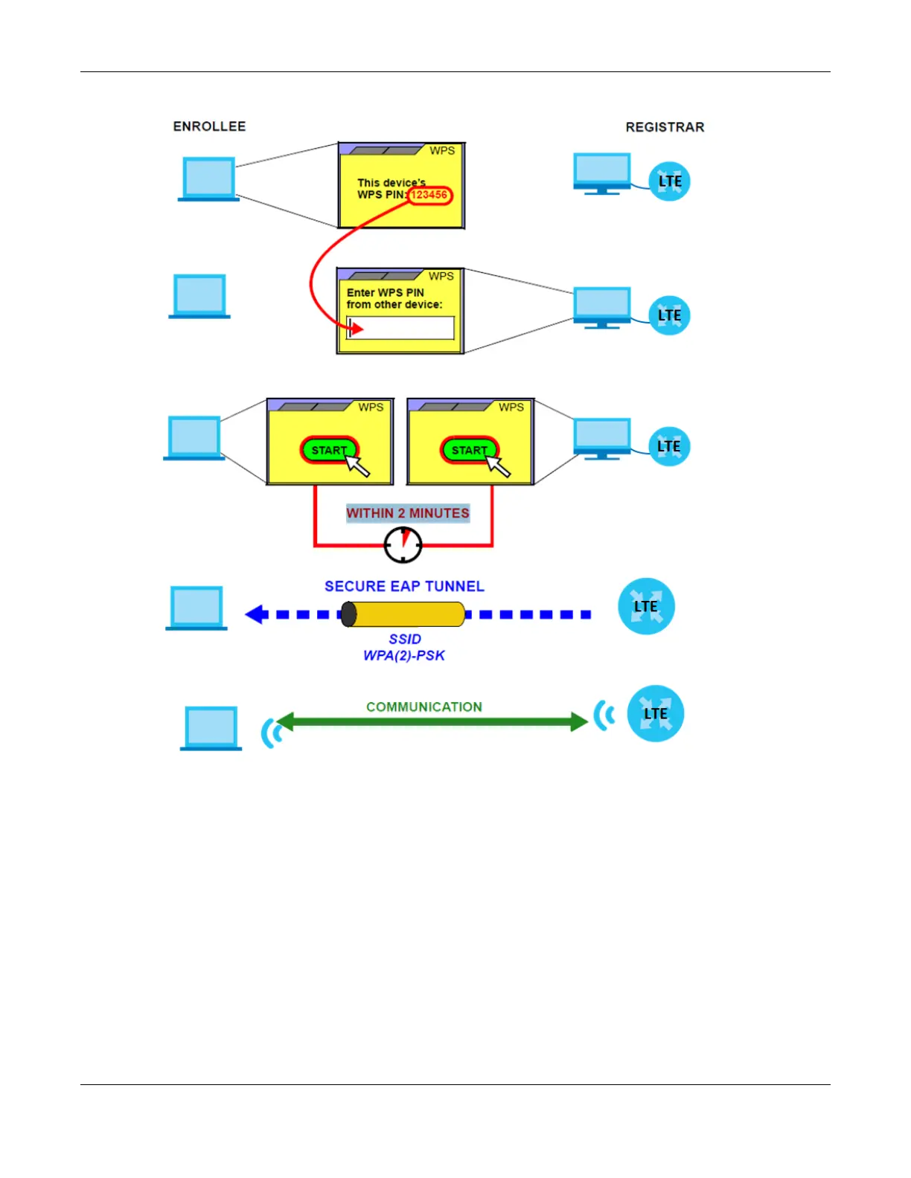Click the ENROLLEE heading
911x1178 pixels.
pos(209,126)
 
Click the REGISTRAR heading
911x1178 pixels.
pos(665,127)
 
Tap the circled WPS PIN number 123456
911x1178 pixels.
pos(429,195)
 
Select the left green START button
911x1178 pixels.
pos(329,450)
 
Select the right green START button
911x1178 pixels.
pos(469,450)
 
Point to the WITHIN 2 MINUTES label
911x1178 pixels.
pos(408,513)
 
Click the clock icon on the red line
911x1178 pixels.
pos(403,545)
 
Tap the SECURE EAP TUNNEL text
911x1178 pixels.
pos(404,586)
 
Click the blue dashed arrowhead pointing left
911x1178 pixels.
pos(256,614)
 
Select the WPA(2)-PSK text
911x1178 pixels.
pos(404,655)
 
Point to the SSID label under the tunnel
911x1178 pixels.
pos(405,639)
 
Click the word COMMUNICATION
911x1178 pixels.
pos(424,707)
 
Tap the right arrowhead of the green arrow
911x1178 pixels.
pos(579,721)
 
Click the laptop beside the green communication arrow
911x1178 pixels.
pos(211,728)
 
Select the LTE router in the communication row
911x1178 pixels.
pos(655,714)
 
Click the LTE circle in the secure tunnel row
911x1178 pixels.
pos(646,606)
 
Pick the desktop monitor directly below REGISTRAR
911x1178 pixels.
pos(602,173)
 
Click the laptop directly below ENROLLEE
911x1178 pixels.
pos(209,178)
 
